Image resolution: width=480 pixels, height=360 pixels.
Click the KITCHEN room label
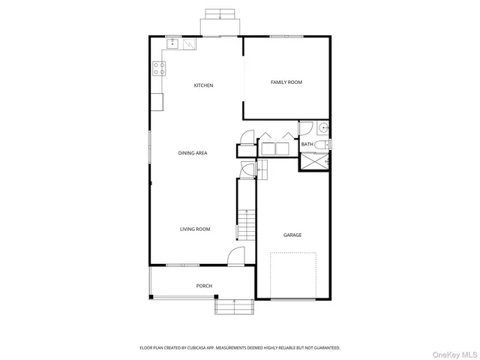[203, 85]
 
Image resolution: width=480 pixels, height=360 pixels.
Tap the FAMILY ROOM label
[286, 82]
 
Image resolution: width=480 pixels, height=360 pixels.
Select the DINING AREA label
[192, 153]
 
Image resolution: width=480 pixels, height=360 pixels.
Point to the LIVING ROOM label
[194, 229]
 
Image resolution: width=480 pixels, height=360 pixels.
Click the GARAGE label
[292, 235]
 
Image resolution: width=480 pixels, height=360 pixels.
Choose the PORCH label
[204, 286]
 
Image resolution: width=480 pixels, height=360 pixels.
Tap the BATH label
[307, 144]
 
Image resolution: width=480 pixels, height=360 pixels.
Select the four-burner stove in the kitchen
[159, 69]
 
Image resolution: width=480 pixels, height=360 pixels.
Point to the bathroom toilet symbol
[321, 144]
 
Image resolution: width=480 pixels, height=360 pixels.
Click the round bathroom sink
[322, 127]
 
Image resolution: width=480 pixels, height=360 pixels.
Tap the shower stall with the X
[314, 161]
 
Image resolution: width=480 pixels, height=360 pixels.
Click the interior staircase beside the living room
[247, 217]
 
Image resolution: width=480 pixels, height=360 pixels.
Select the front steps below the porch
[234, 306]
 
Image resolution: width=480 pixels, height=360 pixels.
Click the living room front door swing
[236, 256]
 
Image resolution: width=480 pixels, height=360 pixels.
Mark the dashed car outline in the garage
[293, 275]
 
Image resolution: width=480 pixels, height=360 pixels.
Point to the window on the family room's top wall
[286, 36]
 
